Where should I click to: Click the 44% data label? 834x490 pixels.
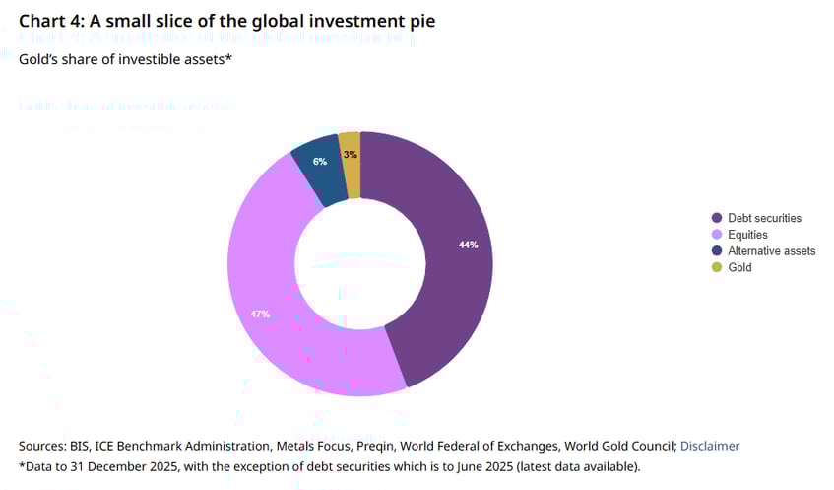pyautogui.click(x=469, y=245)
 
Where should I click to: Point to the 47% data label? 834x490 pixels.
pyautogui.click(x=260, y=314)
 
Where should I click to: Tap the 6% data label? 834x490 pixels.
pyautogui.click(x=320, y=161)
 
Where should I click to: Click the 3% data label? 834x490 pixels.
pyautogui.click(x=351, y=154)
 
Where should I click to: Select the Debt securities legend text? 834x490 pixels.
pyautogui.click(x=764, y=218)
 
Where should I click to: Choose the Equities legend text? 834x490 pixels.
pyautogui.click(x=747, y=235)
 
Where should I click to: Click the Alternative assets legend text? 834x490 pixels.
pyautogui.click(x=771, y=251)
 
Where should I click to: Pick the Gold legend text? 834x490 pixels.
pyautogui.click(x=739, y=267)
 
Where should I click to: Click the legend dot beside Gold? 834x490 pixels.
pyautogui.click(x=716, y=267)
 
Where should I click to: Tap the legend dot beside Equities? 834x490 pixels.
pyautogui.click(x=716, y=235)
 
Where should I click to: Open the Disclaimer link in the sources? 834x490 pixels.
pyautogui.click(x=709, y=446)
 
